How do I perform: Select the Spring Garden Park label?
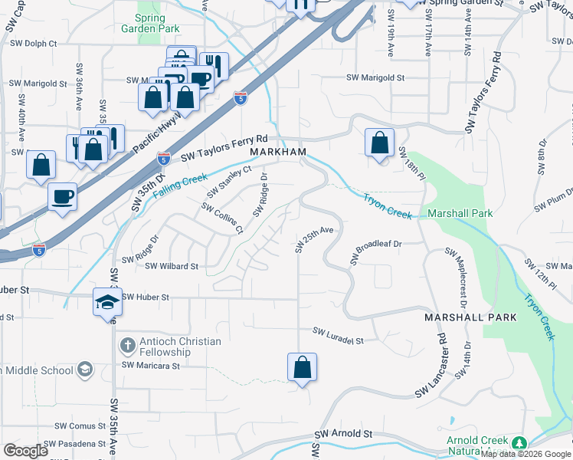[150, 23]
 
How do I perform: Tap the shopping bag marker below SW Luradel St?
[303, 367]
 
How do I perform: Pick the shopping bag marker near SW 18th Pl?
[379, 143]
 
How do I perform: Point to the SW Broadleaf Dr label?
[376, 252]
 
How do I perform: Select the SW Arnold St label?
[342, 434]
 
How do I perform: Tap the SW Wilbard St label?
[171, 266]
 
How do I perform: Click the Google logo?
[26, 450]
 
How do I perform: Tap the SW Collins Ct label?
[222, 218]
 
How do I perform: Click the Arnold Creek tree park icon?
[520, 443]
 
